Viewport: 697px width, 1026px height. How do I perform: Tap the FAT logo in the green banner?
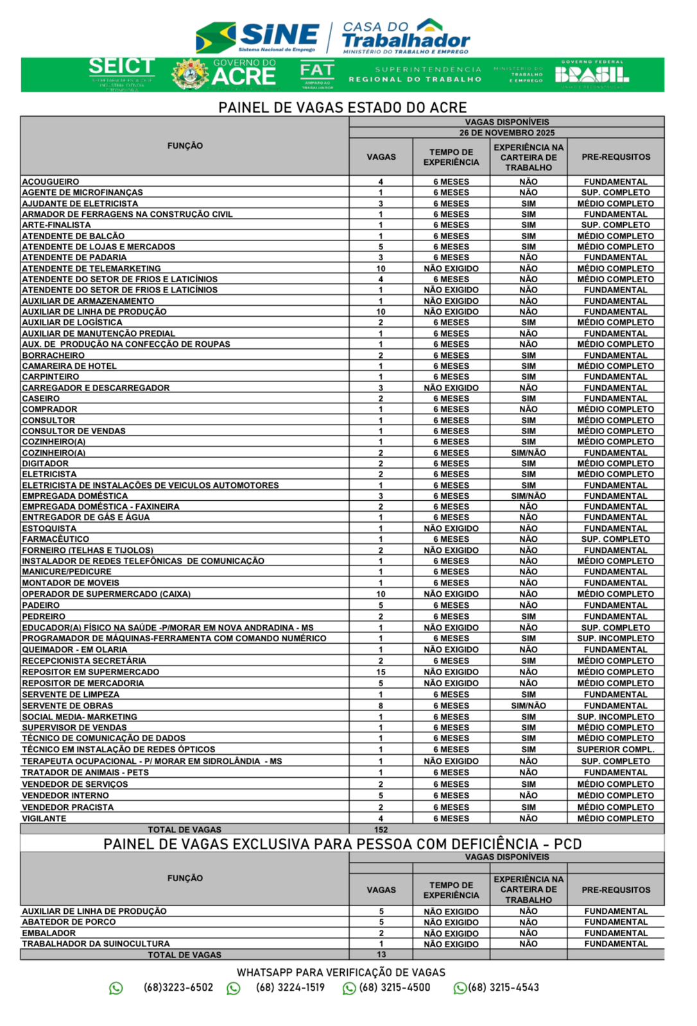(317, 74)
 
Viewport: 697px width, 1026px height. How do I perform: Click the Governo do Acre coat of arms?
(190, 74)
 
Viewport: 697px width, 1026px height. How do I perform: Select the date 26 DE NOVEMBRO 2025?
(506, 133)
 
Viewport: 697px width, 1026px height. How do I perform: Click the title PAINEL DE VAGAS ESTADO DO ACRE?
(342, 107)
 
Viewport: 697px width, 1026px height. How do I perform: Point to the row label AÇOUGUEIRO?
(51, 182)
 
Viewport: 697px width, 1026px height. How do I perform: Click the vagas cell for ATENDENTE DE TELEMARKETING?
(381, 269)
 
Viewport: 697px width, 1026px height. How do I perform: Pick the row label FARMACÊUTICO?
(56, 539)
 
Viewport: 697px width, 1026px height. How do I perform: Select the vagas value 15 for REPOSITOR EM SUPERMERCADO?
(381, 672)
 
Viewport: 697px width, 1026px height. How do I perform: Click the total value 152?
(381, 830)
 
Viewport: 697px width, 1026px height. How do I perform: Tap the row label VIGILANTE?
(44, 819)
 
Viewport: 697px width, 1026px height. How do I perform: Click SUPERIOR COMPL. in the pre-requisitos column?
(615, 750)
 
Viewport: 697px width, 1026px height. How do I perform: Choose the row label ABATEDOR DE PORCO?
(69, 922)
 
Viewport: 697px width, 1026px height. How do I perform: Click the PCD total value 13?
(381, 955)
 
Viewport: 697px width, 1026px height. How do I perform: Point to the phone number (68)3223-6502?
(178, 988)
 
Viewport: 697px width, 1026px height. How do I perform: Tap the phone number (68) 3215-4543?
(504, 988)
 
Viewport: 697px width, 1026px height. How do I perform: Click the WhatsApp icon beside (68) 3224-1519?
(234, 988)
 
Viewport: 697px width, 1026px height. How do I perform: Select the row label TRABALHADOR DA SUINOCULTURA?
(96, 944)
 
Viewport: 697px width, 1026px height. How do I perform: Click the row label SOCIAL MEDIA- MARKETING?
(80, 717)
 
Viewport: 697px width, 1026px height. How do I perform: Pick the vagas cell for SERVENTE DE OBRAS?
(381, 706)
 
